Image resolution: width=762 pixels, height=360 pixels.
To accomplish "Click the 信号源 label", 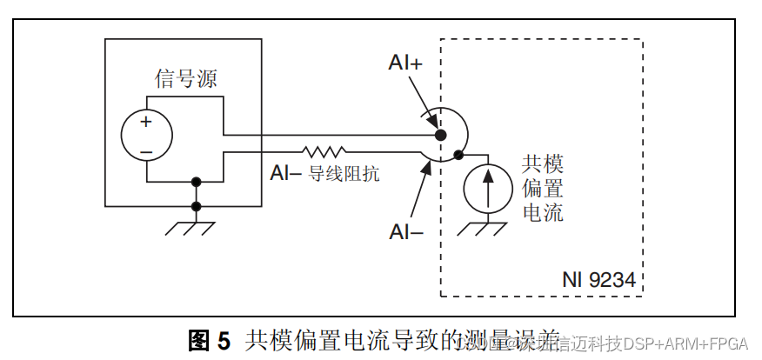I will click(185, 79).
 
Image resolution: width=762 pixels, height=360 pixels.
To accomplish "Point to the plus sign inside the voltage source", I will click(145, 123).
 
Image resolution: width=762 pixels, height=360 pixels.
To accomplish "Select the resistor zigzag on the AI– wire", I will click(324, 151).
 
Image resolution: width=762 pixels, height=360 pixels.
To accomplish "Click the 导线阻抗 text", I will click(344, 173).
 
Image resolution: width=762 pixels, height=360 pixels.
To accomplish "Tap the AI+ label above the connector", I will click(405, 63).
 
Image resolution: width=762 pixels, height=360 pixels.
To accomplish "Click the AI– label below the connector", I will click(406, 231).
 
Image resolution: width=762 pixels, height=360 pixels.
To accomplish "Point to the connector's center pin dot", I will click(440, 136).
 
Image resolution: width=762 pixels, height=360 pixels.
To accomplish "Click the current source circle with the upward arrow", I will click(487, 188).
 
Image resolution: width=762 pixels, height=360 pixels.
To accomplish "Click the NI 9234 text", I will click(599, 281).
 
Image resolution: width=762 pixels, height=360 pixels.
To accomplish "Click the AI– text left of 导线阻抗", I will click(285, 173).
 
